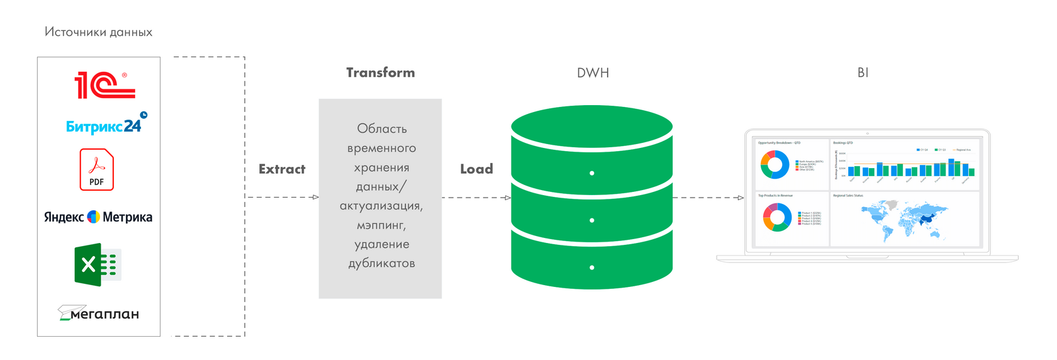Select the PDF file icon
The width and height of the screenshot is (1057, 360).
tap(97, 169)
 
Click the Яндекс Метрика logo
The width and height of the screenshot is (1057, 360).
tap(98, 217)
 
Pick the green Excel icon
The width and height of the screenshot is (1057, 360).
tap(98, 265)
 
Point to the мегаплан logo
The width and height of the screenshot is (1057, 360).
tap(99, 313)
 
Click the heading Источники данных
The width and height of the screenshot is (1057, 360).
tap(98, 32)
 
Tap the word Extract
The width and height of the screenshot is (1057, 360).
tap(282, 169)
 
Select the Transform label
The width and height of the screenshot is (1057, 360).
tap(381, 73)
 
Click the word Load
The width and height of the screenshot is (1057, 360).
tap(476, 169)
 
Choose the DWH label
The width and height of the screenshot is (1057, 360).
tap(593, 73)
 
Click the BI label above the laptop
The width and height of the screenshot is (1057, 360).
tap(863, 73)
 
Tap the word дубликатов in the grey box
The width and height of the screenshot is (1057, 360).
tap(381, 264)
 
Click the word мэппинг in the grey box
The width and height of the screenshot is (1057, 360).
tap(381, 225)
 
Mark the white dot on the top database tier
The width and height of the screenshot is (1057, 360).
tap(592, 173)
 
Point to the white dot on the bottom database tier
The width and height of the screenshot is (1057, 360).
tap(592, 267)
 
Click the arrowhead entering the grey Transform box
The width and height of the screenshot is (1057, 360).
tap(315, 198)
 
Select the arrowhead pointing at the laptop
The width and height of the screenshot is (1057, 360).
tap(741, 198)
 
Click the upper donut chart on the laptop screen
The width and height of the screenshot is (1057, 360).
tap(775, 165)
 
